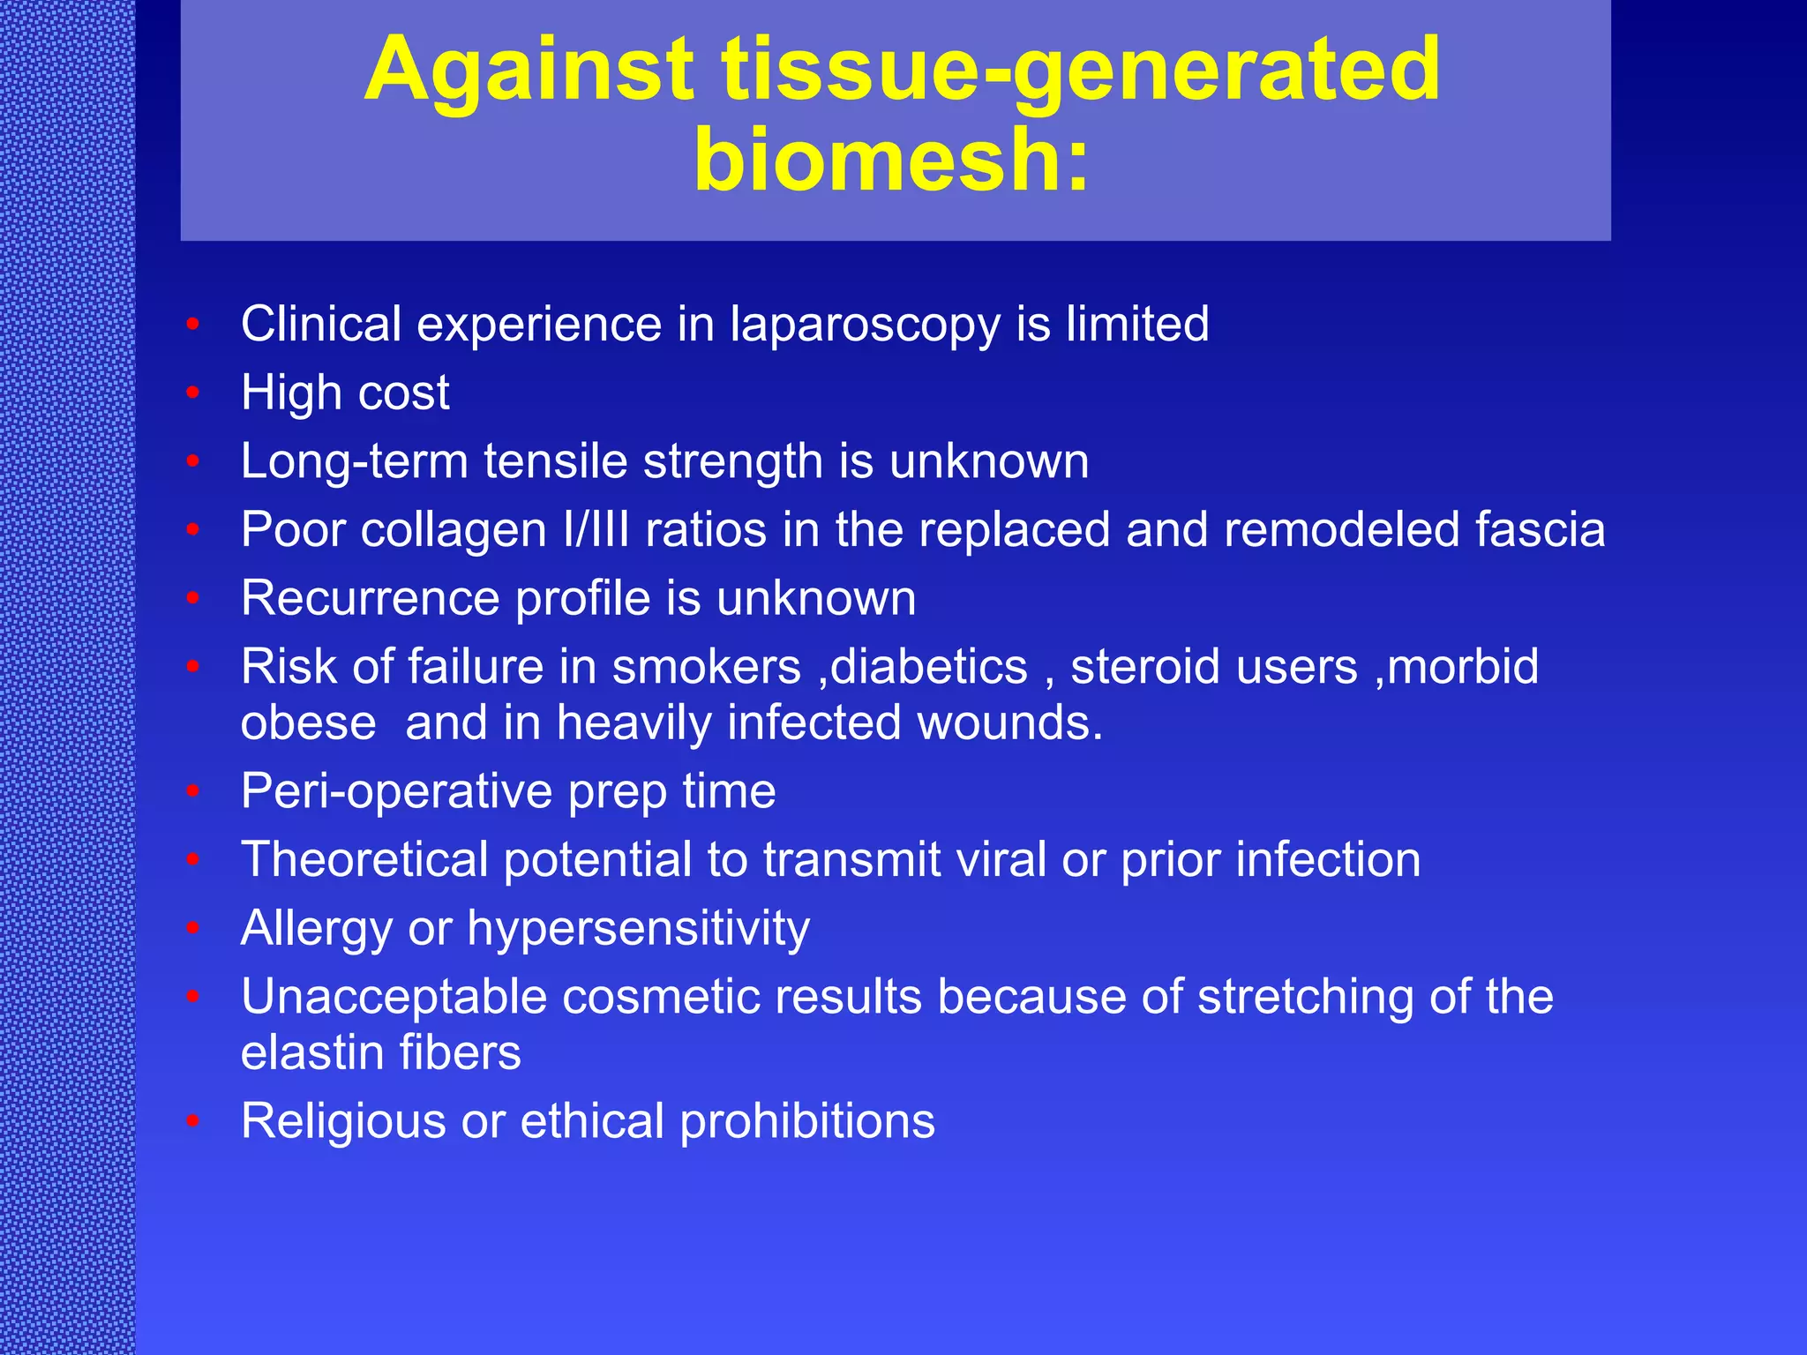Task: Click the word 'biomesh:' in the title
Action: pyautogui.click(x=892, y=159)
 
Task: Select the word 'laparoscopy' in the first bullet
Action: pyautogui.click(x=865, y=325)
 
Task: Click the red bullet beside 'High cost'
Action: pyautogui.click(x=193, y=393)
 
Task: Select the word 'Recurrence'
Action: pyautogui.click(x=370, y=599)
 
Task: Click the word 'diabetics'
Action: pyautogui.click(x=929, y=667)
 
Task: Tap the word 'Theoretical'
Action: pyautogui.click(x=364, y=860)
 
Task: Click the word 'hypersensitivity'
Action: pyautogui.click(x=638, y=929)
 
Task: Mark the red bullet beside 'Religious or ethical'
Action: pyautogui.click(x=193, y=1122)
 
